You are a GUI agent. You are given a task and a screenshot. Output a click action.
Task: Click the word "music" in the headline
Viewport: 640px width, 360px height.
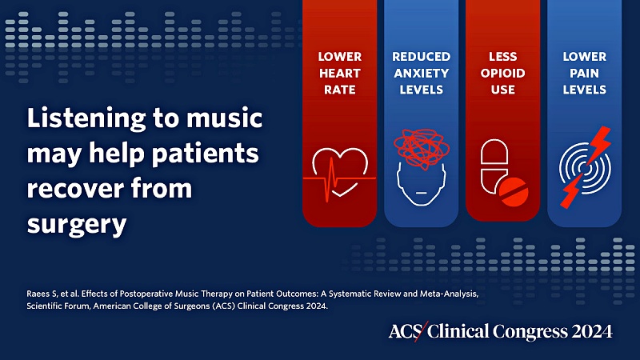pyautogui.click(x=225, y=118)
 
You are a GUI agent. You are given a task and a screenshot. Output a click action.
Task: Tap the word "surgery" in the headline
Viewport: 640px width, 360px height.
pyautogui.click(x=77, y=226)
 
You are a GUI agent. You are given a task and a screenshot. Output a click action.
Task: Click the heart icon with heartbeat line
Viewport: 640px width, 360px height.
pyautogui.click(x=339, y=174)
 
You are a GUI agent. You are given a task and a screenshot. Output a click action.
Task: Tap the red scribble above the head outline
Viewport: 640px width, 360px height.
pyautogui.click(x=422, y=148)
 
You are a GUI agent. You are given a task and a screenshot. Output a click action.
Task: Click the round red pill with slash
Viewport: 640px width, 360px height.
pyautogui.click(x=514, y=191)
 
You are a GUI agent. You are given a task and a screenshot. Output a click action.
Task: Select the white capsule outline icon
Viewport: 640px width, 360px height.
pyautogui.click(x=494, y=166)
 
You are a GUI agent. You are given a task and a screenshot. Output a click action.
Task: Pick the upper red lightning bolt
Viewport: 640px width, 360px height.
pyautogui.click(x=598, y=145)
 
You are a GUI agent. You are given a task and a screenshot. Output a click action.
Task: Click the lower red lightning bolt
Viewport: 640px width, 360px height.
pyautogui.click(x=571, y=191)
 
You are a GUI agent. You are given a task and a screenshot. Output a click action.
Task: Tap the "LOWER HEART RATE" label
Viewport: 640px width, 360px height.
pyautogui.click(x=339, y=73)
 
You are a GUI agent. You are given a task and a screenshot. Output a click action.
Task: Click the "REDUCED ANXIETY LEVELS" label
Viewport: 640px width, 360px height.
pyautogui.click(x=422, y=73)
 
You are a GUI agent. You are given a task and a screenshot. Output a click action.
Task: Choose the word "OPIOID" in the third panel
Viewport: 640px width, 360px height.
pyautogui.click(x=503, y=73)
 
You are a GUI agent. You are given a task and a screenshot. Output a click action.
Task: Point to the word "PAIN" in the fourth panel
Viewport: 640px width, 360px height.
pyautogui.click(x=585, y=73)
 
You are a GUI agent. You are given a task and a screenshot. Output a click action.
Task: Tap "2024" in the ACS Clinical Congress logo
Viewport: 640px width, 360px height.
pyautogui.click(x=592, y=331)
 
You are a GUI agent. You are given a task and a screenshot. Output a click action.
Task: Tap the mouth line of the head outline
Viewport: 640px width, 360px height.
pyautogui.click(x=422, y=193)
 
